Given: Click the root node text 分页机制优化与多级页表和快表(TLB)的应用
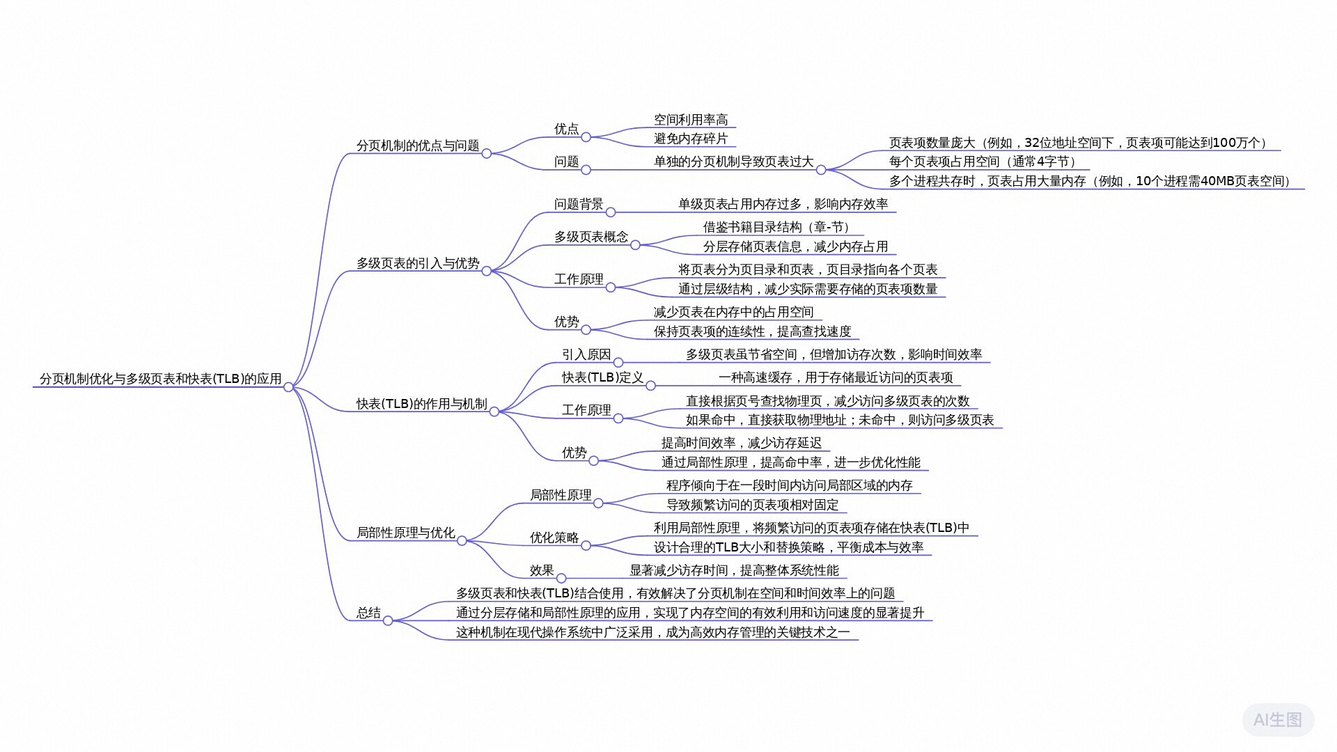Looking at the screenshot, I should coord(160,379).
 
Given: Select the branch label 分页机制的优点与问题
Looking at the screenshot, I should coord(418,146).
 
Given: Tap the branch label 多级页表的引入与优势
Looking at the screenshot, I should coord(418,263).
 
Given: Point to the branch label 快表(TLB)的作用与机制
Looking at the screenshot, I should coord(421,404).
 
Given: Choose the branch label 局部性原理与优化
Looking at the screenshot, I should coord(405,533).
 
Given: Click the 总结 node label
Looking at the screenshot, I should coord(368,613).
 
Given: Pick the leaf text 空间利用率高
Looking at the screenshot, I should coord(690,120).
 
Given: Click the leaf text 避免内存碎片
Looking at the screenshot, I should coord(690,139).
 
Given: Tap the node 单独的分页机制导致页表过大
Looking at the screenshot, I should coord(733,162).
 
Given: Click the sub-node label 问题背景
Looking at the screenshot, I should coord(578,204).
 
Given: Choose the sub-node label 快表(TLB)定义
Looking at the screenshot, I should coord(602,377).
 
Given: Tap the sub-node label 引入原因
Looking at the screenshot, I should coord(586,354).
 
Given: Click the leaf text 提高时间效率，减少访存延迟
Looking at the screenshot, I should coord(741,443).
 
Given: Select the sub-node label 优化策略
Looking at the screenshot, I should coord(554,538).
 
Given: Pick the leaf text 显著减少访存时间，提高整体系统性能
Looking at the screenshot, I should coord(734,570).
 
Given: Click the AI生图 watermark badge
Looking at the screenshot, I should coord(1277,719).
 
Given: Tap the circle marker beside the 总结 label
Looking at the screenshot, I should coord(388,620).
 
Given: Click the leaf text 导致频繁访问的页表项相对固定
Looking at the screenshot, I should coord(752,505).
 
